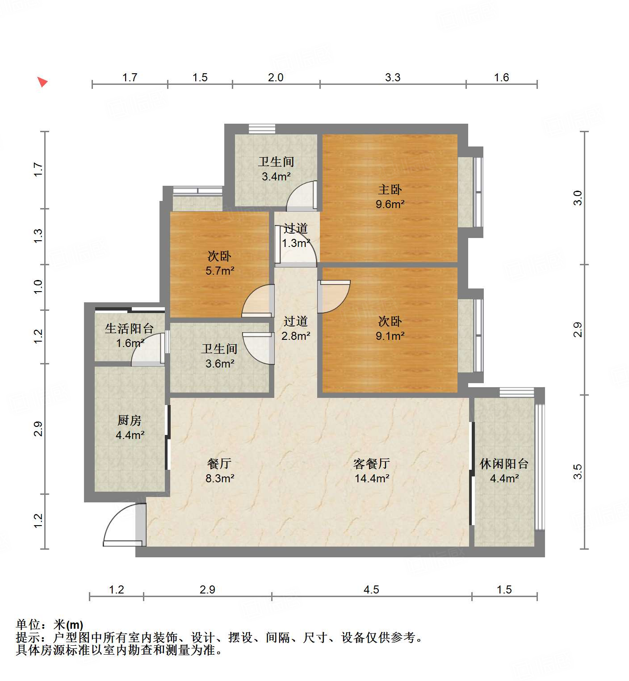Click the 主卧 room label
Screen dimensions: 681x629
coord(390,190)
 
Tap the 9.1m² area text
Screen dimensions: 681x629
coord(390,336)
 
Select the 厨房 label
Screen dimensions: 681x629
coord(130,420)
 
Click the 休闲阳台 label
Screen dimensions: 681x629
coord(504,464)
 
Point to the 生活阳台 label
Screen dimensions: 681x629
coord(129,329)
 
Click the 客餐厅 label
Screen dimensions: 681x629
coord(372,464)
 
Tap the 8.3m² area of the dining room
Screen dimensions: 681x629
coord(220,479)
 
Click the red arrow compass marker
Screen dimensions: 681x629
coord(42,82)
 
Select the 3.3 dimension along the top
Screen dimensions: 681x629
coord(393,77)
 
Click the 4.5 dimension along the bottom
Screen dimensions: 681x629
coord(371,590)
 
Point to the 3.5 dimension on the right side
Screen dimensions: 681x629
coord(578,472)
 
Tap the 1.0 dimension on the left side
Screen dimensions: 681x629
coord(38,286)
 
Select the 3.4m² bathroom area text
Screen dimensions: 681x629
coord(276,177)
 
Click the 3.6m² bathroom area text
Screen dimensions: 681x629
coord(220,364)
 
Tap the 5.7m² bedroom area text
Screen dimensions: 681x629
coord(220,271)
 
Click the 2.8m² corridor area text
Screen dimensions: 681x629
coord(296,336)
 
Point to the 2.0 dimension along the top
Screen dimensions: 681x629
coord(276,77)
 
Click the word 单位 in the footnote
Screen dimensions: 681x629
coord(28,625)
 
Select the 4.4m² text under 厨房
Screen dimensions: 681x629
coord(130,435)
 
